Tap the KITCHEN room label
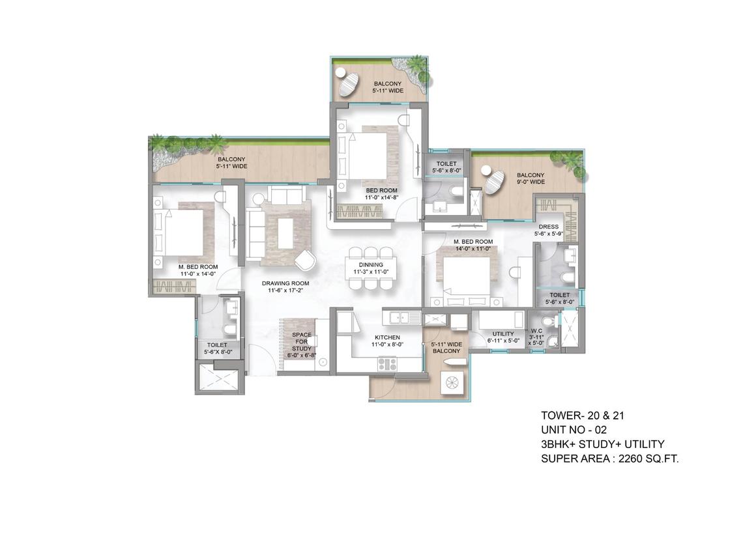click(387, 341)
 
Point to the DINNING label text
click(370, 268)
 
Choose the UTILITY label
click(503, 337)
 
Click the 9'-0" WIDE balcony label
click(531, 178)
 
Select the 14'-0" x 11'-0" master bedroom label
click(473, 245)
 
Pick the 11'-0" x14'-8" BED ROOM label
click(381, 195)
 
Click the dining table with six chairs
click(370, 268)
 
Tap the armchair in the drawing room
click(304, 259)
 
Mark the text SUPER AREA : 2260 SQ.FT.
click(610, 459)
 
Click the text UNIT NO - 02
click(574, 430)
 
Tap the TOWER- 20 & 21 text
click(577, 415)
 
